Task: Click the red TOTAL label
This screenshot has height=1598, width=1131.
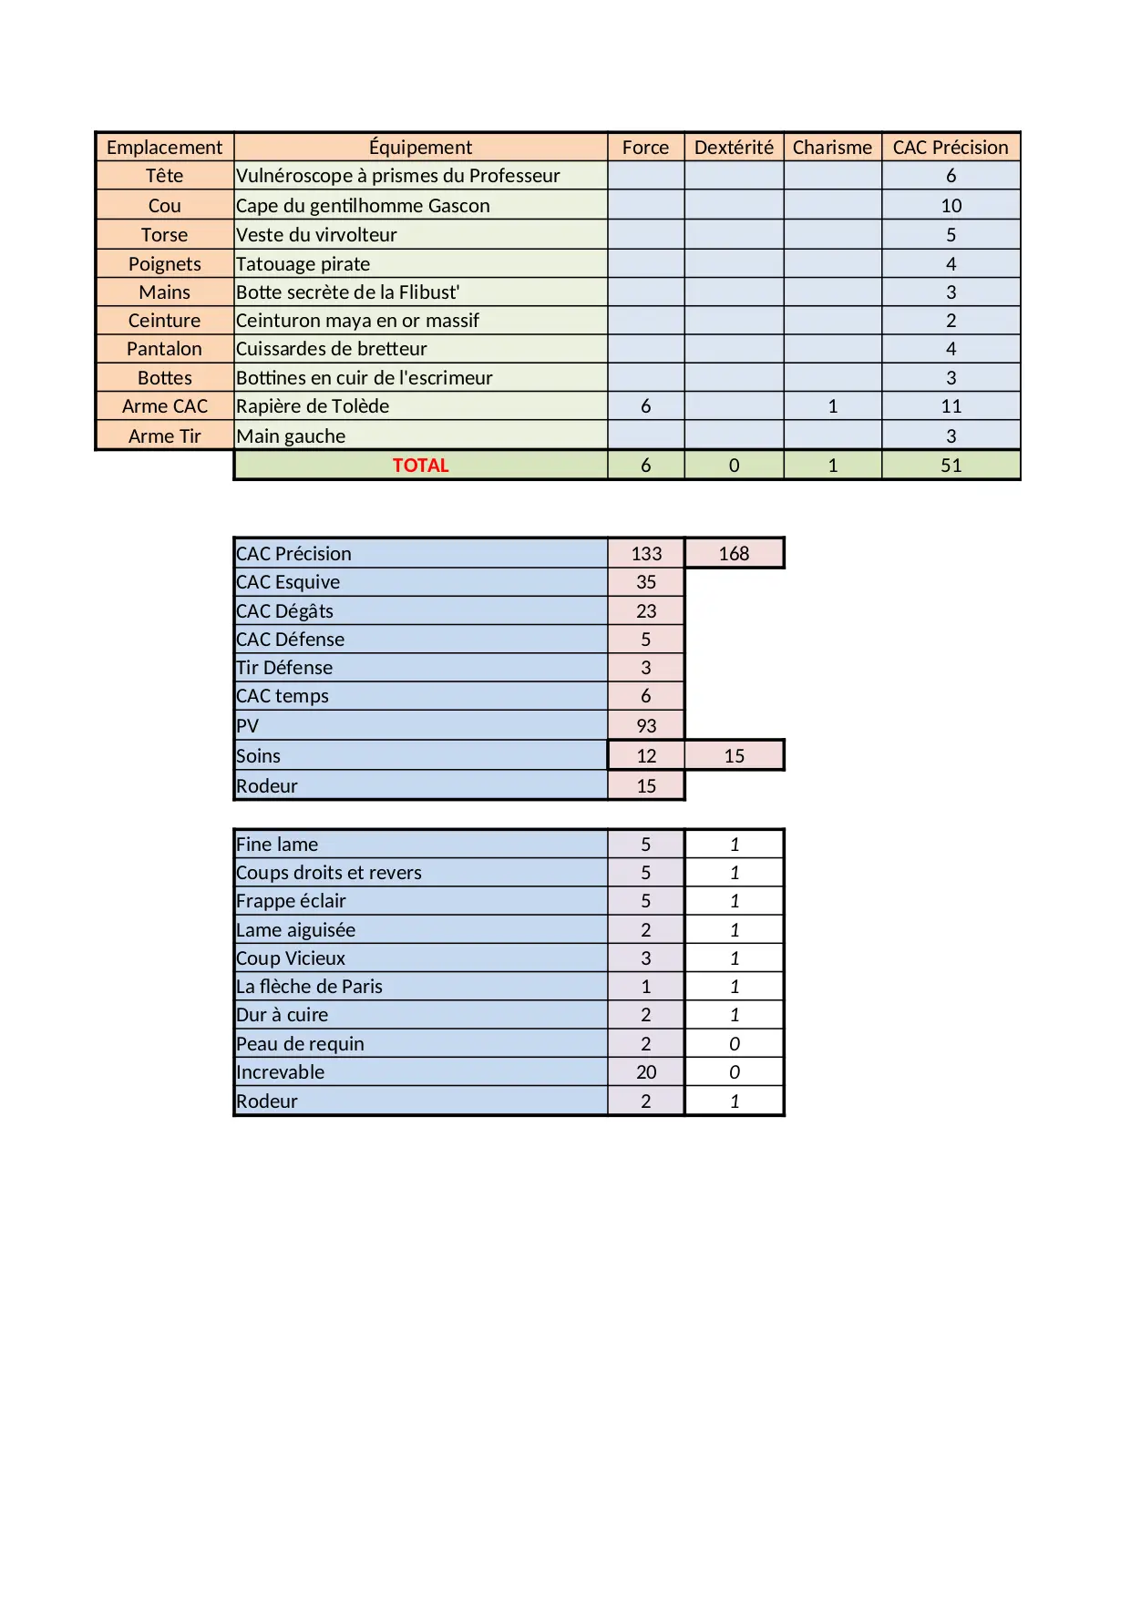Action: [420, 466]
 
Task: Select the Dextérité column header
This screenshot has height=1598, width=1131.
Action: [734, 148]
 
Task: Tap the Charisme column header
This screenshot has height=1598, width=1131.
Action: [832, 148]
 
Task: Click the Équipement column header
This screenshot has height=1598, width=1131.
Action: [420, 148]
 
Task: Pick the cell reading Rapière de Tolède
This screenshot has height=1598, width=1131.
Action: [313, 406]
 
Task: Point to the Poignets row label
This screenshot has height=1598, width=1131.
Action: [164, 264]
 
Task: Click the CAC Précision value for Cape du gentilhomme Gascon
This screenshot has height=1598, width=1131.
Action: [951, 206]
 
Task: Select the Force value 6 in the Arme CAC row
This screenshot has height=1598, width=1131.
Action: [645, 406]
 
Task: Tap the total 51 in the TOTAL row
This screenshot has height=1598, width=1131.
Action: [951, 466]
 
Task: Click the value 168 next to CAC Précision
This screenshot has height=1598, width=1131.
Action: [734, 554]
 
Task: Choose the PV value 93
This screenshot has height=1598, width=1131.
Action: [646, 726]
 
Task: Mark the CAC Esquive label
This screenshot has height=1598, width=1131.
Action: [288, 582]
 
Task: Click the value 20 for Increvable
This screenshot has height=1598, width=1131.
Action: [646, 1072]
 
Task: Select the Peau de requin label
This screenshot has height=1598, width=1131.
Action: [300, 1044]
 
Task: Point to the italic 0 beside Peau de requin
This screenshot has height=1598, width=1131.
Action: [735, 1044]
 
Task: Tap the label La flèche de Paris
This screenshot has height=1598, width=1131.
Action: [309, 987]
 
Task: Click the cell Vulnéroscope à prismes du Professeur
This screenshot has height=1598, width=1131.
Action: [398, 176]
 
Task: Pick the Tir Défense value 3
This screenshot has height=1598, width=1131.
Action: [646, 668]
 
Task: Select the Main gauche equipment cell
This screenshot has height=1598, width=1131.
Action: [291, 436]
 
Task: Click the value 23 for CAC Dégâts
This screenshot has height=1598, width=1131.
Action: [646, 611]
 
